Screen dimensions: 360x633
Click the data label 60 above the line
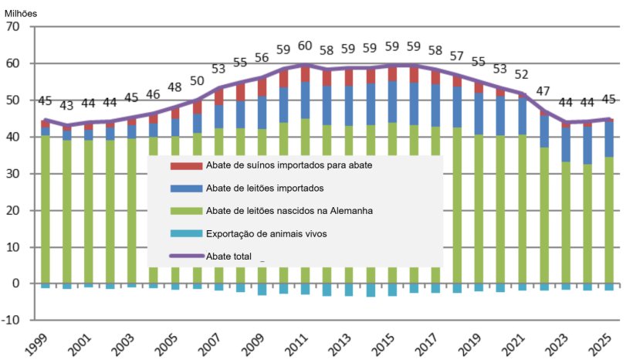click(x=306, y=46)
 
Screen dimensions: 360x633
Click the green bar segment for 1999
click(x=46, y=209)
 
